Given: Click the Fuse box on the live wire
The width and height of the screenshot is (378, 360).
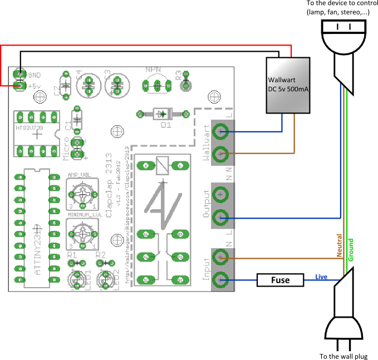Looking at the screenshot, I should [280, 280].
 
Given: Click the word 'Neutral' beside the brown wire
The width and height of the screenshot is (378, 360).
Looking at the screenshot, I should [338, 245].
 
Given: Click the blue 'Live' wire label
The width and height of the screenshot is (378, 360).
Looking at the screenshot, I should [322, 277].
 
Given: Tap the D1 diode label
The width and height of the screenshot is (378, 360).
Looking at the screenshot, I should [165, 125].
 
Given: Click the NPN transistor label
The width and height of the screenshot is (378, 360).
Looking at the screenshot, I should [154, 70].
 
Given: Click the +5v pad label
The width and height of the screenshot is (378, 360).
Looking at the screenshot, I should [35, 86].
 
